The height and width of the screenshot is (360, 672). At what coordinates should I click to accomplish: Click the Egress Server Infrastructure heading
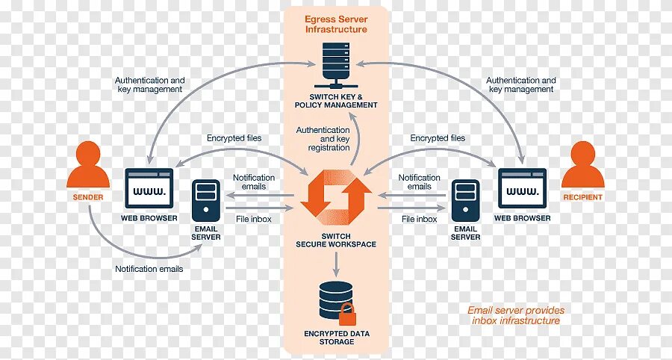click(x=335, y=24)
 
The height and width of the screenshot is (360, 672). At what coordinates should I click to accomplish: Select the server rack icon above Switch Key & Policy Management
click(x=335, y=63)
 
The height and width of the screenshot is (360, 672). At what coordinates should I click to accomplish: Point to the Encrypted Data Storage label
click(x=335, y=337)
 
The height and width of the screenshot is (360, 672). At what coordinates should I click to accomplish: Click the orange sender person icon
click(x=88, y=166)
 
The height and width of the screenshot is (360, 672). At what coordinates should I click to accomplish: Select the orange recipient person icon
click(x=582, y=166)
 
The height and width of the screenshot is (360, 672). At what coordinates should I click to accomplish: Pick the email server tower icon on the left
click(x=205, y=199)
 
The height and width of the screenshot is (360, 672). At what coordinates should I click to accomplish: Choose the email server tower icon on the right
click(x=465, y=199)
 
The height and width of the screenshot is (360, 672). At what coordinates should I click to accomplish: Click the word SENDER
click(x=88, y=197)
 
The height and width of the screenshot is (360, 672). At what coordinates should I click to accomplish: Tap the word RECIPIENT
click(x=582, y=197)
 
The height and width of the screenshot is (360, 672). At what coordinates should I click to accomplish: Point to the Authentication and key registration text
click(x=323, y=139)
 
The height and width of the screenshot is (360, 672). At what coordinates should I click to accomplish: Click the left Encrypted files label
click(x=234, y=138)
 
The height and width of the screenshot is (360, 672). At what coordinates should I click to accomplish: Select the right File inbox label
click(x=419, y=219)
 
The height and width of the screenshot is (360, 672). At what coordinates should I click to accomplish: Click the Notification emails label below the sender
click(x=149, y=268)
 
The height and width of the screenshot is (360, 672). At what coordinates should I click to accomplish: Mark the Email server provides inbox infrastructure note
click(x=516, y=315)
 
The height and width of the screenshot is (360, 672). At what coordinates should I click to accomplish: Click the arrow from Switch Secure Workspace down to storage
click(x=335, y=263)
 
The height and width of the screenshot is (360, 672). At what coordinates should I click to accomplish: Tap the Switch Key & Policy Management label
click(x=335, y=101)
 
